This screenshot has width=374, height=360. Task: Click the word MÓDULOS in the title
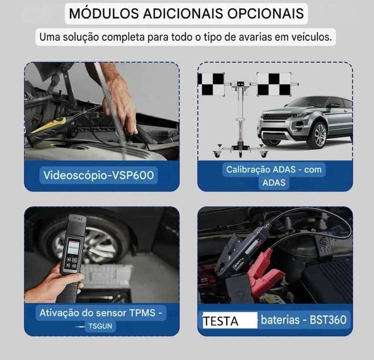(104, 13)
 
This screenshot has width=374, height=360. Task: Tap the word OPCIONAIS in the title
(265, 13)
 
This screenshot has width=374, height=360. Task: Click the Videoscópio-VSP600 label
(98, 175)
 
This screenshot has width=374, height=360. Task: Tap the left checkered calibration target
(211, 84)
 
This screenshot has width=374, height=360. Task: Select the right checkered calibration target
(274, 84)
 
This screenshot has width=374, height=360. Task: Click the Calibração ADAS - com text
(274, 169)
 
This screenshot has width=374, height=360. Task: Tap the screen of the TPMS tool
(73, 248)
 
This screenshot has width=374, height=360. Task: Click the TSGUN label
(100, 326)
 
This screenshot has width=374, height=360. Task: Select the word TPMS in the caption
(142, 313)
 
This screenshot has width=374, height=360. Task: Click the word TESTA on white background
(220, 321)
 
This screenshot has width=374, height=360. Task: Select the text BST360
(328, 320)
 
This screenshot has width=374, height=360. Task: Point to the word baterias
(280, 320)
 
